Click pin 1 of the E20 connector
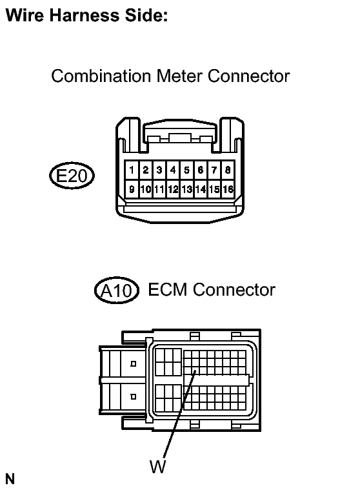tap(132, 170)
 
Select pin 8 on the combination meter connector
tap(228, 170)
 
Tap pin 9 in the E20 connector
tap(132, 189)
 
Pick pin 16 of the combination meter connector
tap(228, 189)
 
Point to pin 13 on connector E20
tap(186, 189)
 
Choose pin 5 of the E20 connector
tap(186, 170)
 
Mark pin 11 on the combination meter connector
tap(159, 189)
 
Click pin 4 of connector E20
tap(173, 170)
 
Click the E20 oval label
tap(72, 176)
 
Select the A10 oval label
tap(117, 291)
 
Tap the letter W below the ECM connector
tap(157, 467)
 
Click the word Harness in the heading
tap(85, 15)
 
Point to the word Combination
tap(101, 76)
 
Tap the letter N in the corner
tap(10, 479)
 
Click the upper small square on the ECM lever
tap(134, 363)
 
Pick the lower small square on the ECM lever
tap(134, 396)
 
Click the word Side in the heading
tap(146, 15)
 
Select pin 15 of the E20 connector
tap(214, 189)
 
